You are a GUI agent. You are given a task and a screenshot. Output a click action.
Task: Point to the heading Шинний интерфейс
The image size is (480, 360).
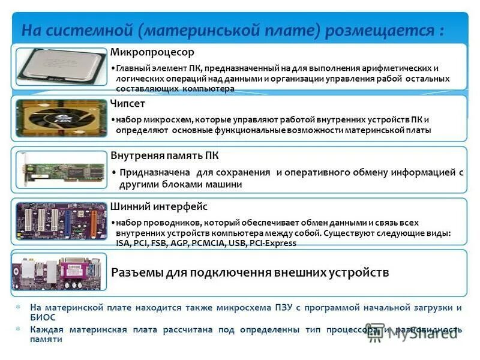tap(159, 207)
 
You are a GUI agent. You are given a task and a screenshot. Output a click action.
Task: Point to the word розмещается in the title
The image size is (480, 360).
tap(388, 29)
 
